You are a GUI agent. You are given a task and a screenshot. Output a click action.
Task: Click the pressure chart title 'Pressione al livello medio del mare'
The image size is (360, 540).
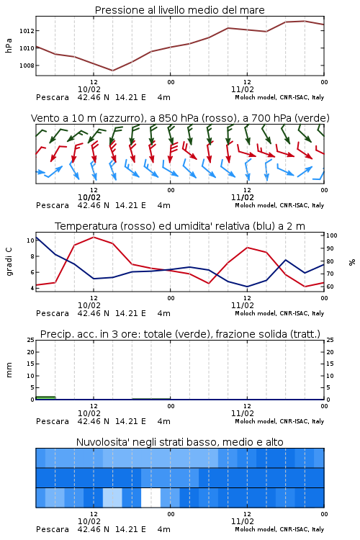(179, 10)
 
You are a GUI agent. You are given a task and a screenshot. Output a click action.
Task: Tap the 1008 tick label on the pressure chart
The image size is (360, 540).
(27, 66)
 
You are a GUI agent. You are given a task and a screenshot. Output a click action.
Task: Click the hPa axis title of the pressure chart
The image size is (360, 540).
(9, 45)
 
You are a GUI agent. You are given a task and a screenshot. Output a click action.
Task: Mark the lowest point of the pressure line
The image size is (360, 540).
(112, 71)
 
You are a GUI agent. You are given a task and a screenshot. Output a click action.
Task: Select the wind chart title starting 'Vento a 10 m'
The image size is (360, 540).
(180, 118)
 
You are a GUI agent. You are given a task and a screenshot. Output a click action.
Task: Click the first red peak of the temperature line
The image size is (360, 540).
(94, 237)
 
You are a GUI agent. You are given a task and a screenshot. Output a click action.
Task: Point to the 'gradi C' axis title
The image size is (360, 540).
(9, 261)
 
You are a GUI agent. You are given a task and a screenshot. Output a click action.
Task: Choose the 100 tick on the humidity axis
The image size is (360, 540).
(332, 235)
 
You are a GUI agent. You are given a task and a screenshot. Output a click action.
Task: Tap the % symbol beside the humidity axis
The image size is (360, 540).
(352, 262)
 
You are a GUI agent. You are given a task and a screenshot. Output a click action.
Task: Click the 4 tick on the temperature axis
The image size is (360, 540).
(32, 288)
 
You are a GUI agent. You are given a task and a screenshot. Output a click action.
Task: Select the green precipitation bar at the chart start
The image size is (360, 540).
(45, 397)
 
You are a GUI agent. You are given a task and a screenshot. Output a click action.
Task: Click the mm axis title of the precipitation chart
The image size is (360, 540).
(9, 370)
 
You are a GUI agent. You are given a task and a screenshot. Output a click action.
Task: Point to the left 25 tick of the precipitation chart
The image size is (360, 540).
(31, 340)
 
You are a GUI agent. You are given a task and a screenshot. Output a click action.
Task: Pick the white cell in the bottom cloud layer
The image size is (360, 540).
(151, 498)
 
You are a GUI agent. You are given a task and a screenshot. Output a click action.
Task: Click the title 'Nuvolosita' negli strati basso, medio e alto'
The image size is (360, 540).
(179, 442)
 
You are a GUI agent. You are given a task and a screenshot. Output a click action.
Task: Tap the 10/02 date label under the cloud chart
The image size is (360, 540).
(89, 521)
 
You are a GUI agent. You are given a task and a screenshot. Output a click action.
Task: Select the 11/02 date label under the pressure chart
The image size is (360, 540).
(243, 89)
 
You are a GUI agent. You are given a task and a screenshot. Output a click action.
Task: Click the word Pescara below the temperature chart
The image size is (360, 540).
(53, 313)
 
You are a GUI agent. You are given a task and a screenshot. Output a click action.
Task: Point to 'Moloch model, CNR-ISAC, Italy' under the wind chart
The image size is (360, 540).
(279, 205)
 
